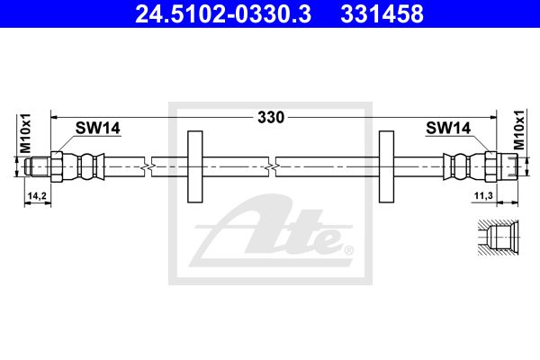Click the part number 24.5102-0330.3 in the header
click(223, 14)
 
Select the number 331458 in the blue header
click(382, 14)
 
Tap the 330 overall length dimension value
click(271, 118)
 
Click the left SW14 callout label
click(98, 128)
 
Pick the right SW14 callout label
click(448, 128)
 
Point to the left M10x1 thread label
click(25, 133)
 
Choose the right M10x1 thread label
click(519, 130)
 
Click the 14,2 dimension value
click(37, 196)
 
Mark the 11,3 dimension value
click(483, 196)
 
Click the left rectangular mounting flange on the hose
click(195, 166)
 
